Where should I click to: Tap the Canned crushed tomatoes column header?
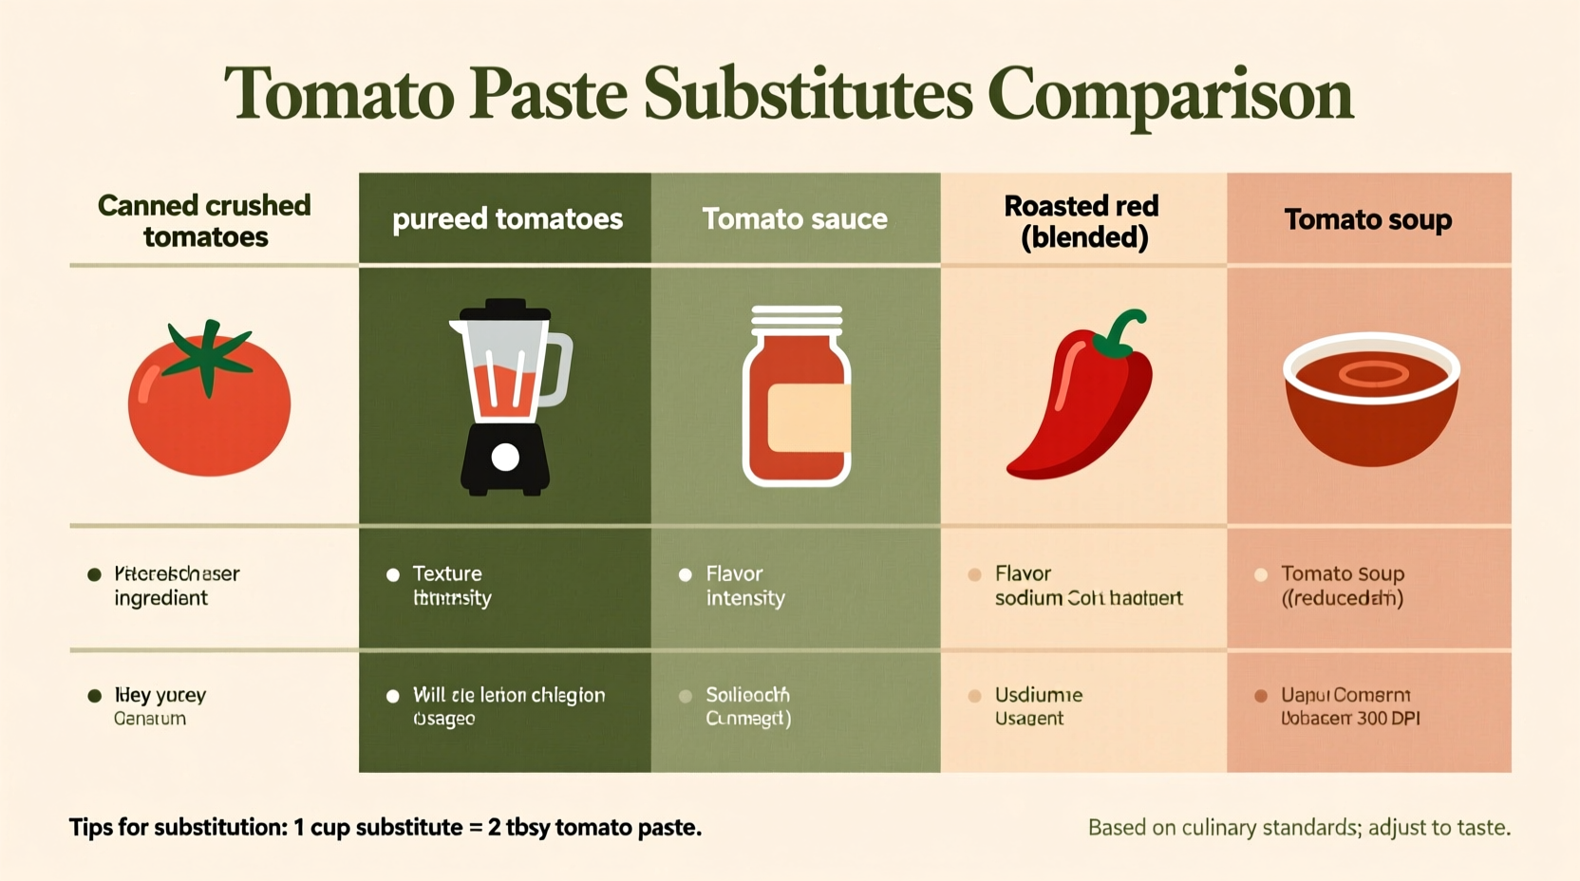205,220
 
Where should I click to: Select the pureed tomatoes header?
507,219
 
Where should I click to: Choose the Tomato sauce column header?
795,219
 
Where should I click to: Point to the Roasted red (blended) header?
1082,220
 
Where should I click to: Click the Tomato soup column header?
1367,219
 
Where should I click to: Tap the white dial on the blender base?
505,458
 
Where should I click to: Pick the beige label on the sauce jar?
807,418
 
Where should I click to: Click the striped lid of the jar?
797,320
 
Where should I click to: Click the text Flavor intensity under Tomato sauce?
744,586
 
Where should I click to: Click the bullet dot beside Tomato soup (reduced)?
1261,574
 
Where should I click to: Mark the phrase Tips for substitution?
178,827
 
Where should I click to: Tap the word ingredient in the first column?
160,598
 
